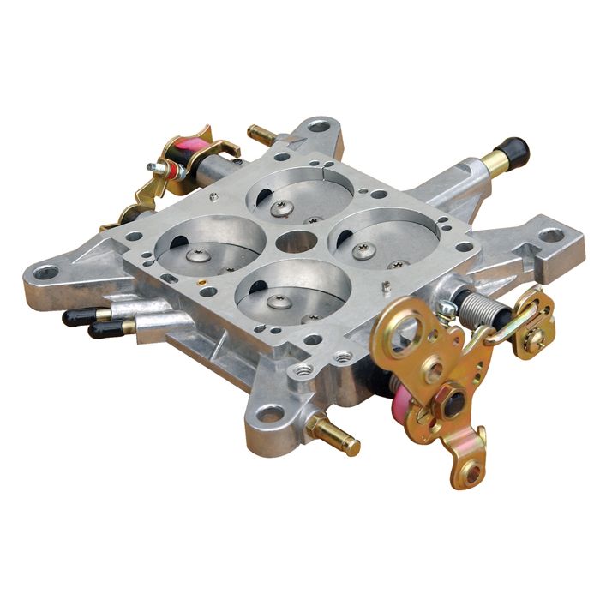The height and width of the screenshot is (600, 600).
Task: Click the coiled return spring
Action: click(476, 305)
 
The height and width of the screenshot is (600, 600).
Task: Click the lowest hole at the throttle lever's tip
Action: click(470, 471)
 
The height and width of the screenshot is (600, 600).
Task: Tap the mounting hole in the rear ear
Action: click(319, 126)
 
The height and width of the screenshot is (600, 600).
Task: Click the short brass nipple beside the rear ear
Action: click(260, 135)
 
